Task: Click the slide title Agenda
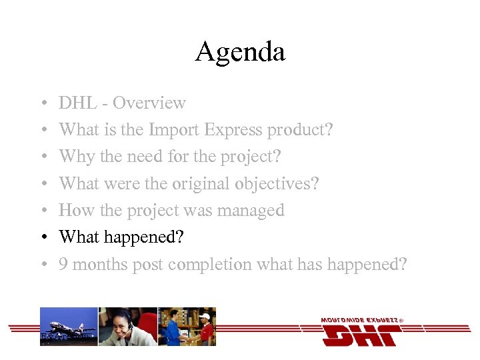[240, 52]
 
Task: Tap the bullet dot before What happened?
[41, 238]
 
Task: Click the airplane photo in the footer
[69, 326]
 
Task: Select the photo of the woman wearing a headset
[127, 326]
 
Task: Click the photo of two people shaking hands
[187, 326]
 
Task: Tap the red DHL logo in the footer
[360, 331]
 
